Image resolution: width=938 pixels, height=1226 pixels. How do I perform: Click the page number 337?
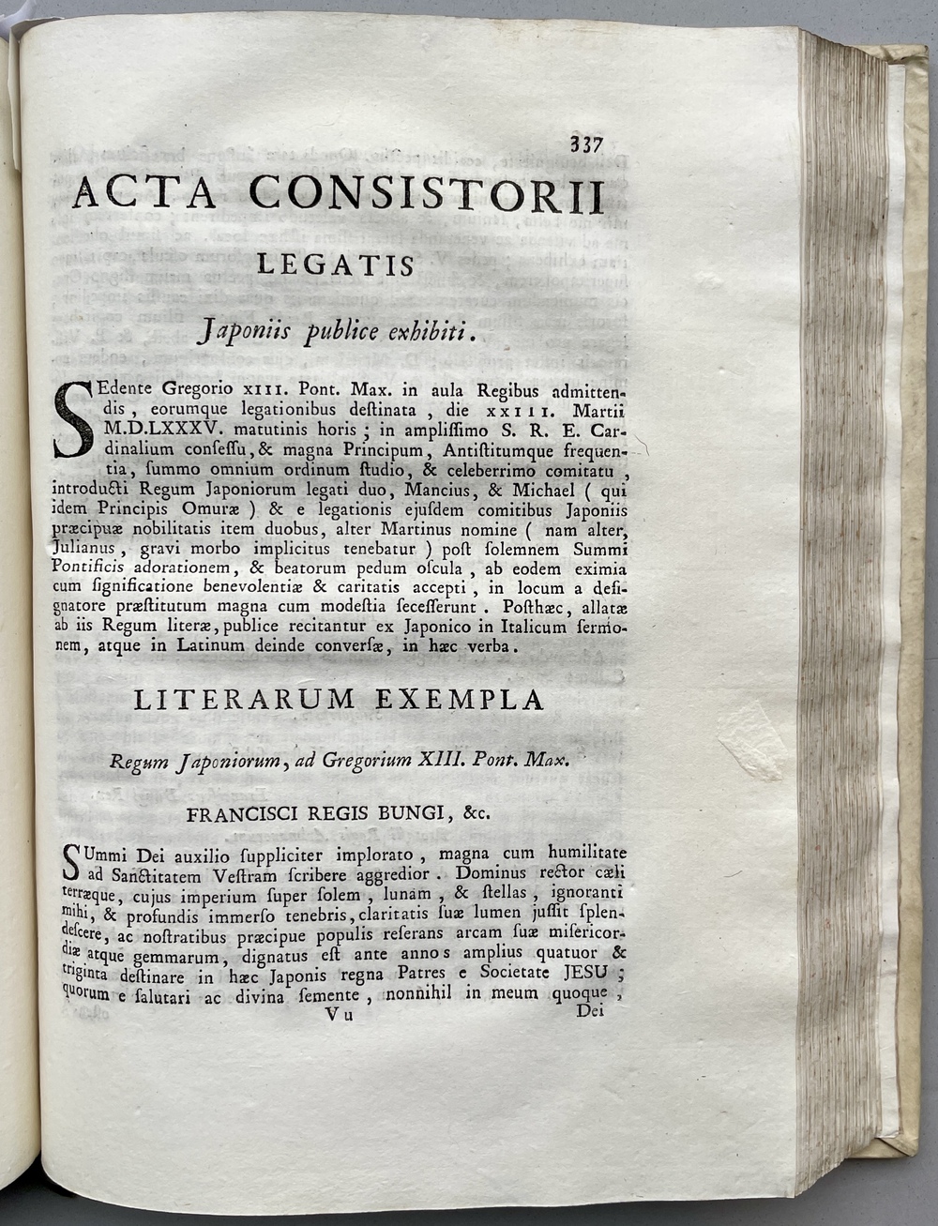(584, 145)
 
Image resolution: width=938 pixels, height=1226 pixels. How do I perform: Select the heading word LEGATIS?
(336, 266)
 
